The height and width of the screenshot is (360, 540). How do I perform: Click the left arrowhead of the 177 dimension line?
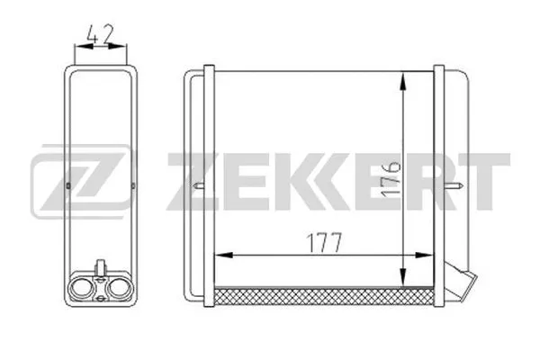(x=224, y=256)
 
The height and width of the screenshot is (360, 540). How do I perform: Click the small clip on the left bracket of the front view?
(x=200, y=187)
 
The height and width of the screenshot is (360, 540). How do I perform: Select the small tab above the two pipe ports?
(x=102, y=267)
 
